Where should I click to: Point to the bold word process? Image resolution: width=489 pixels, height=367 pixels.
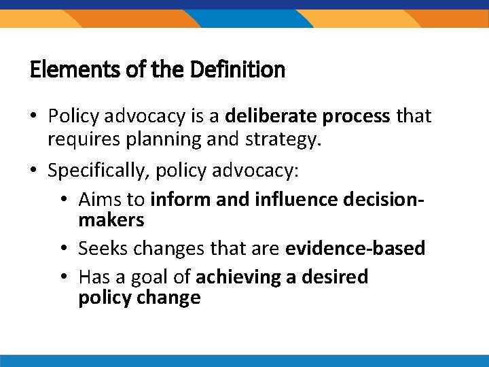[357, 117]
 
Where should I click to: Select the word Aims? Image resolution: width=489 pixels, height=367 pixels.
[96, 199]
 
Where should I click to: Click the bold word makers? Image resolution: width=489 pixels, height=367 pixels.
[111, 220]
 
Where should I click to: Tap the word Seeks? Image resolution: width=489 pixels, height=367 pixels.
[101, 249]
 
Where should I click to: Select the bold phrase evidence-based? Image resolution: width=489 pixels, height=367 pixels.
[355, 249]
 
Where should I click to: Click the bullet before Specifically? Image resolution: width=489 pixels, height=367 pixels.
[35, 170]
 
